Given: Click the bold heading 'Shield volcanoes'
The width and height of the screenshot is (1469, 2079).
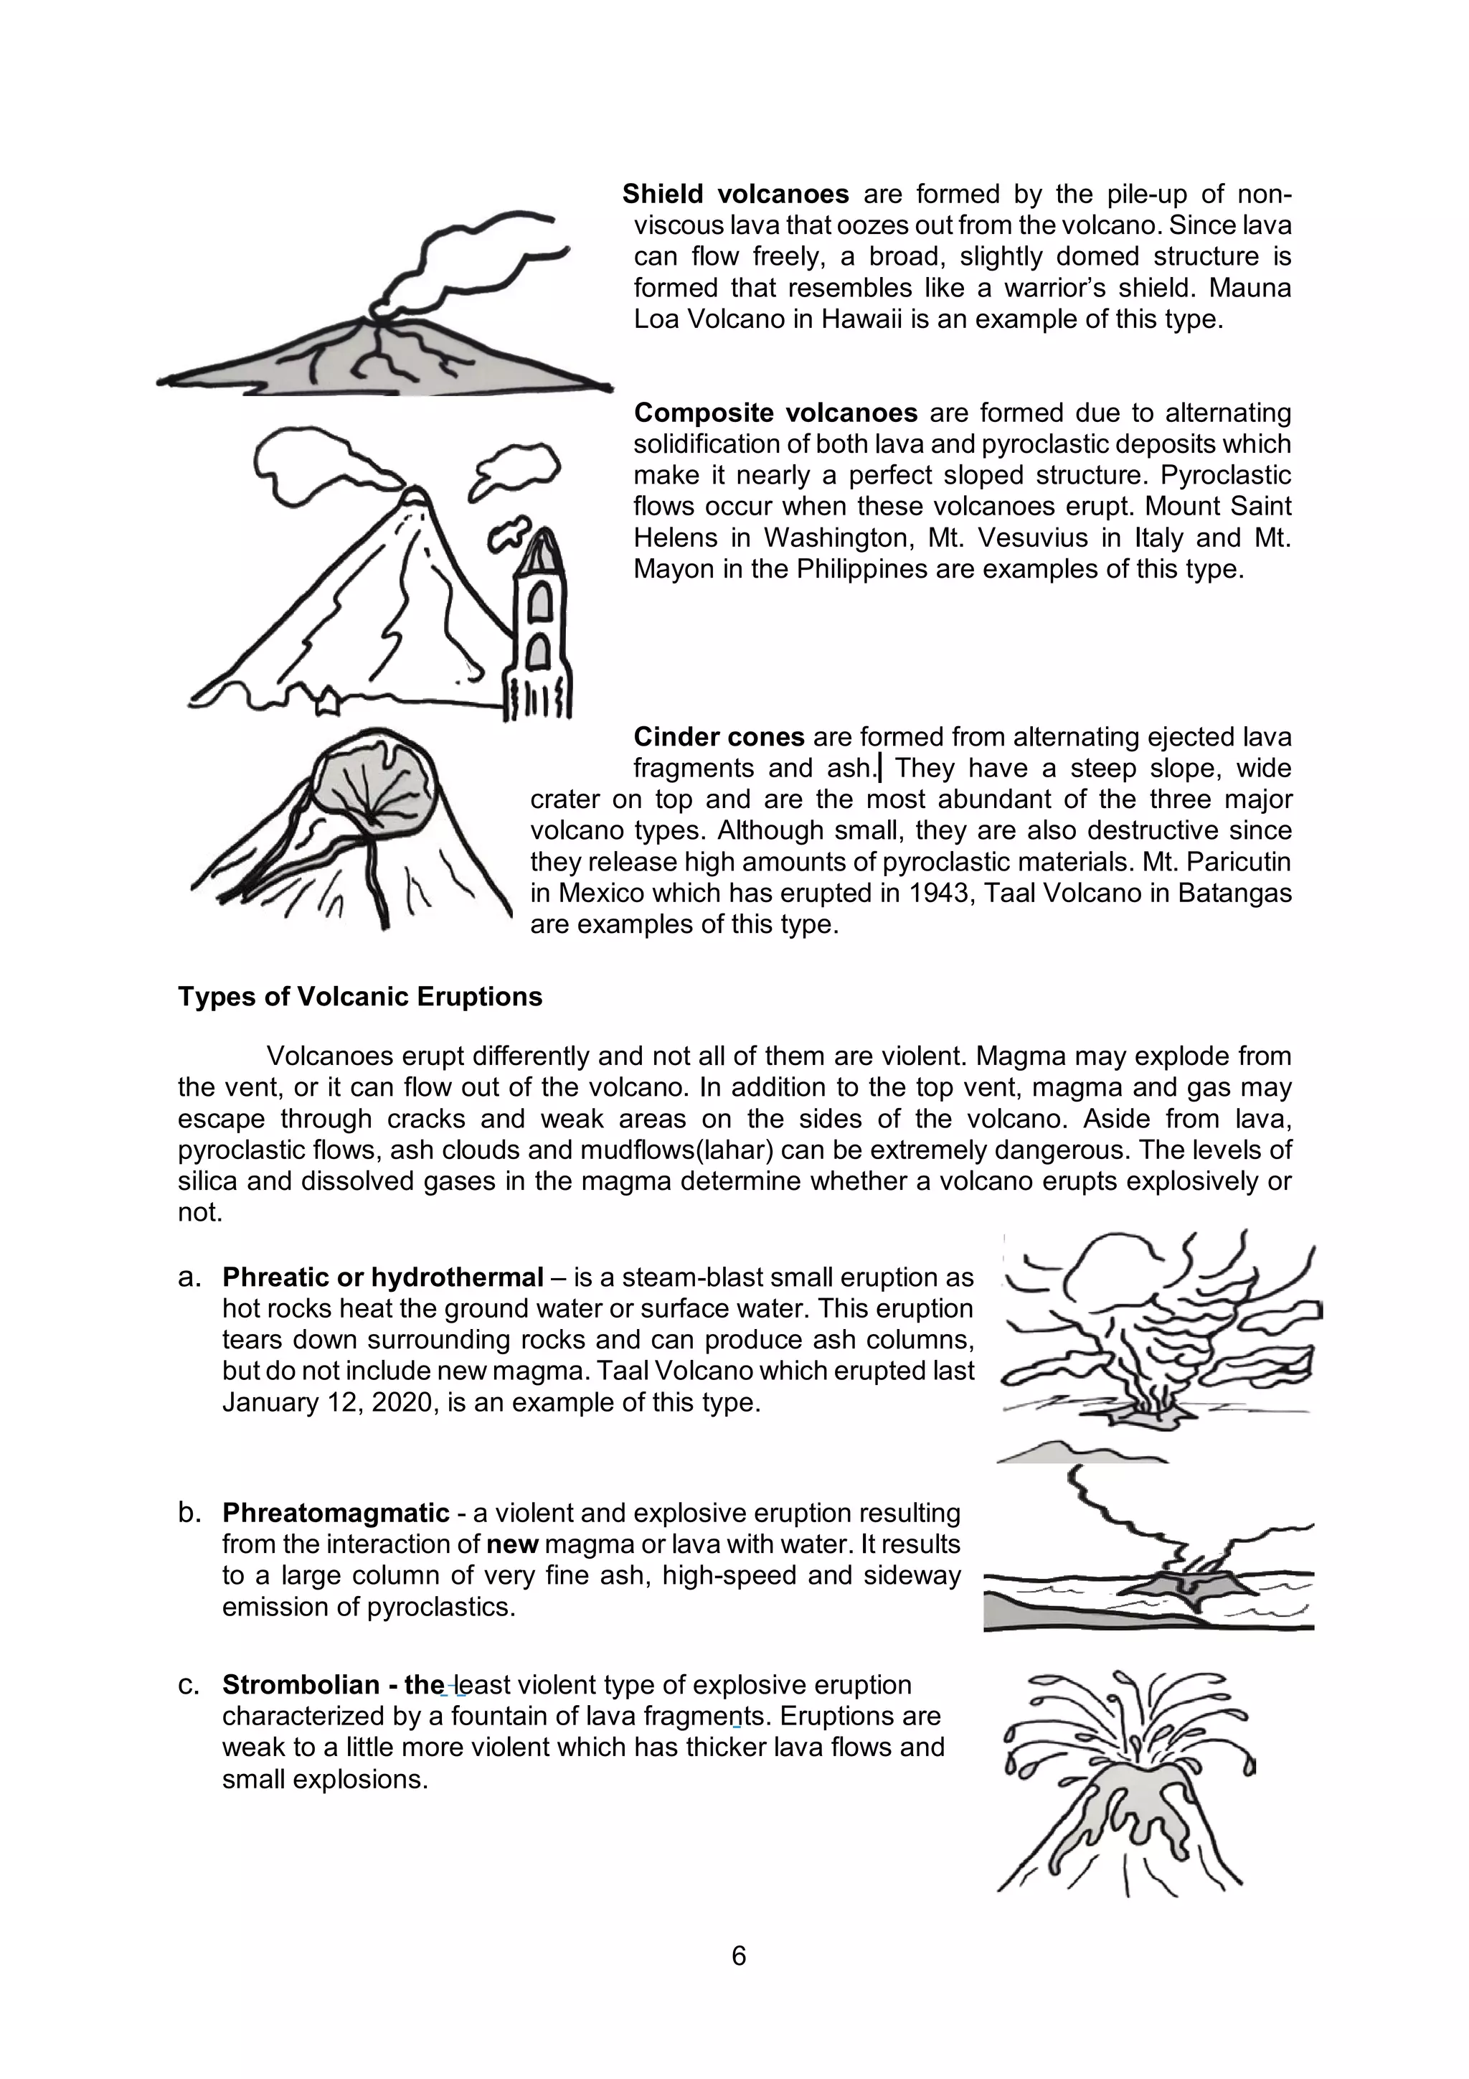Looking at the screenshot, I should [735, 194].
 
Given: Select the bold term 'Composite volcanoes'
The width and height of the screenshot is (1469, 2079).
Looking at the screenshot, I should [775, 413].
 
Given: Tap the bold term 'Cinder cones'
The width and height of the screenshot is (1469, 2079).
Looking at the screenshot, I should [719, 737].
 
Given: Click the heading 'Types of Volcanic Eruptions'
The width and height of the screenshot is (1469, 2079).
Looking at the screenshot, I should [359, 996].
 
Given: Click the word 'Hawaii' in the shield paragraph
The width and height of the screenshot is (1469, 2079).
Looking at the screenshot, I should [864, 319].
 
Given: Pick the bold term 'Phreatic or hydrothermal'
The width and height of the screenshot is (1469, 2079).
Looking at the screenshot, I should [383, 1277].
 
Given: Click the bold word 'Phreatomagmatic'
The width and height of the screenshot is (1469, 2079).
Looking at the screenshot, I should [336, 1513].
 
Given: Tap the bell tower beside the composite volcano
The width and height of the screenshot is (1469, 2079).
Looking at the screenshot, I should [540, 625].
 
